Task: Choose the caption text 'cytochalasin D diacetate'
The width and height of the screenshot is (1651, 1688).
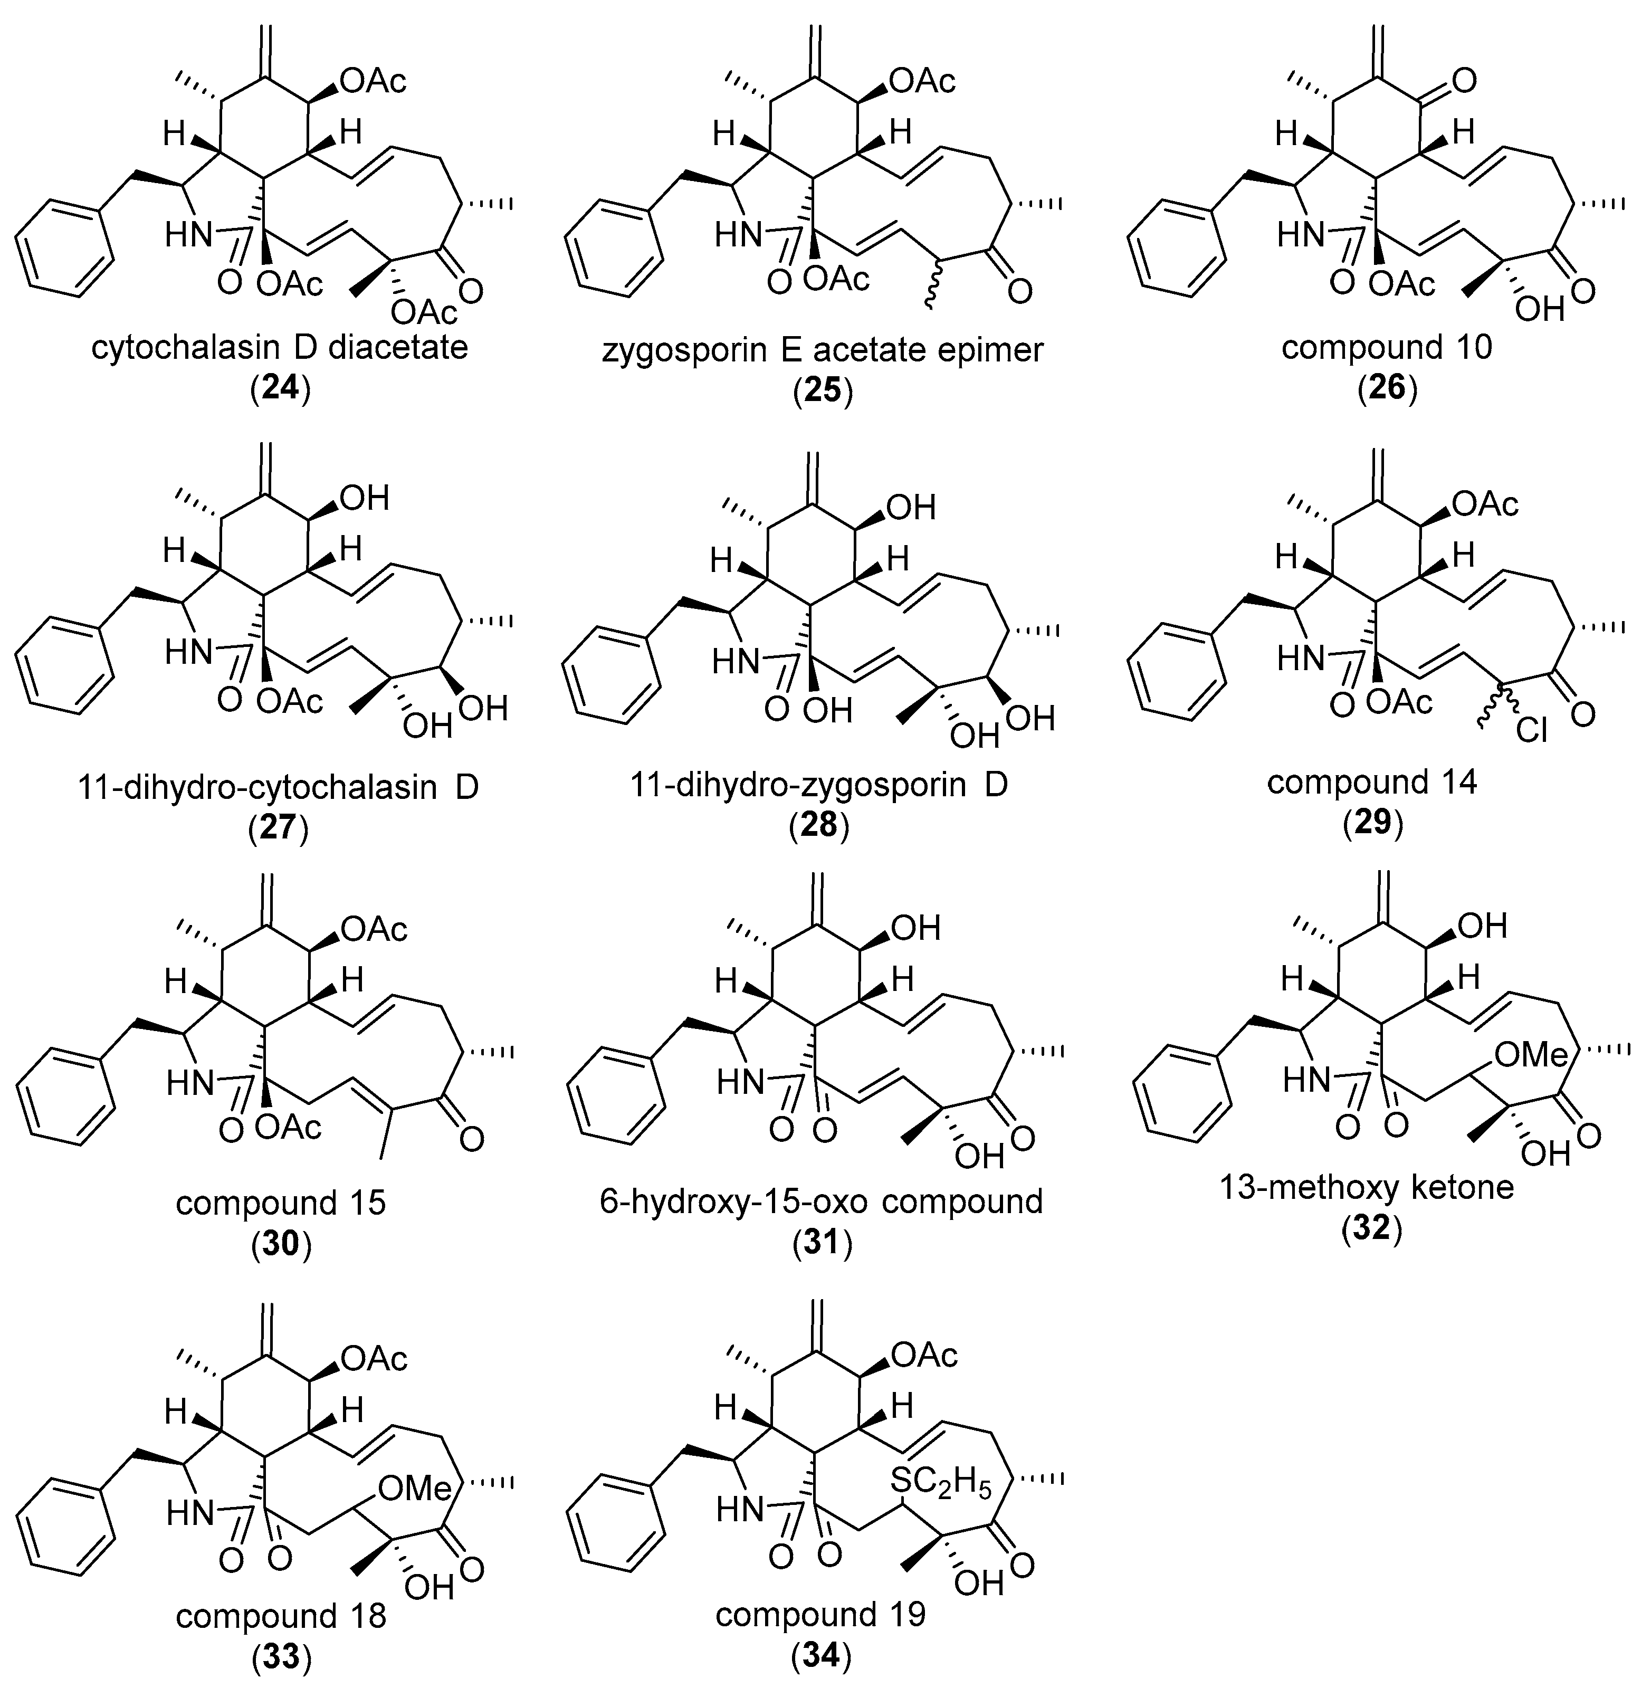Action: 279,348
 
